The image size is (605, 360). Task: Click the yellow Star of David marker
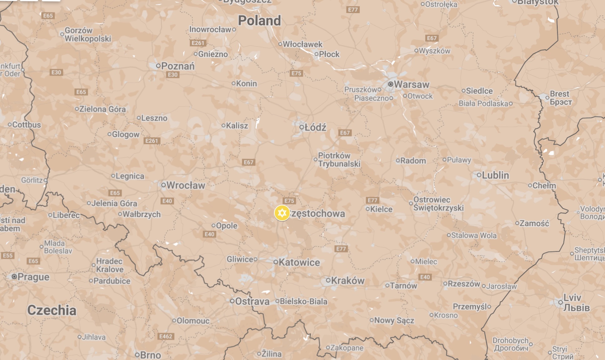click(282, 213)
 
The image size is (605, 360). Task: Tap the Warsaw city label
click(411, 84)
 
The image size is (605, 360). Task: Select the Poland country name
click(259, 21)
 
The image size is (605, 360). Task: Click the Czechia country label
click(52, 310)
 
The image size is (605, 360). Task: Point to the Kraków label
click(347, 281)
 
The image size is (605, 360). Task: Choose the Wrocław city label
click(185, 185)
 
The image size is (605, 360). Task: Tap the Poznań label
click(178, 66)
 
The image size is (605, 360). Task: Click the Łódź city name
click(315, 127)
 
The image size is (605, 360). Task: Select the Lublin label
click(495, 175)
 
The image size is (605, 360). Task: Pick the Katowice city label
click(299, 262)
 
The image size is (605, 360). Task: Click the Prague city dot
click(14, 276)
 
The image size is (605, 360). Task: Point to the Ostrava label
click(252, 302)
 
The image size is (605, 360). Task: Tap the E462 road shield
click(166, 336)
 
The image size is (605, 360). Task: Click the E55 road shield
click(8, 256)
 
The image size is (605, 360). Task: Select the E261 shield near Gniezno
click(198, 43)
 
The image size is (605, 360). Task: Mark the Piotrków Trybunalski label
click(339, 160)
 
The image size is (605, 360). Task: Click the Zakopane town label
click(347, 348)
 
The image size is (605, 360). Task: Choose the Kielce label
click(381, 209)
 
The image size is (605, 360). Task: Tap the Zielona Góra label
click(102, 109)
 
